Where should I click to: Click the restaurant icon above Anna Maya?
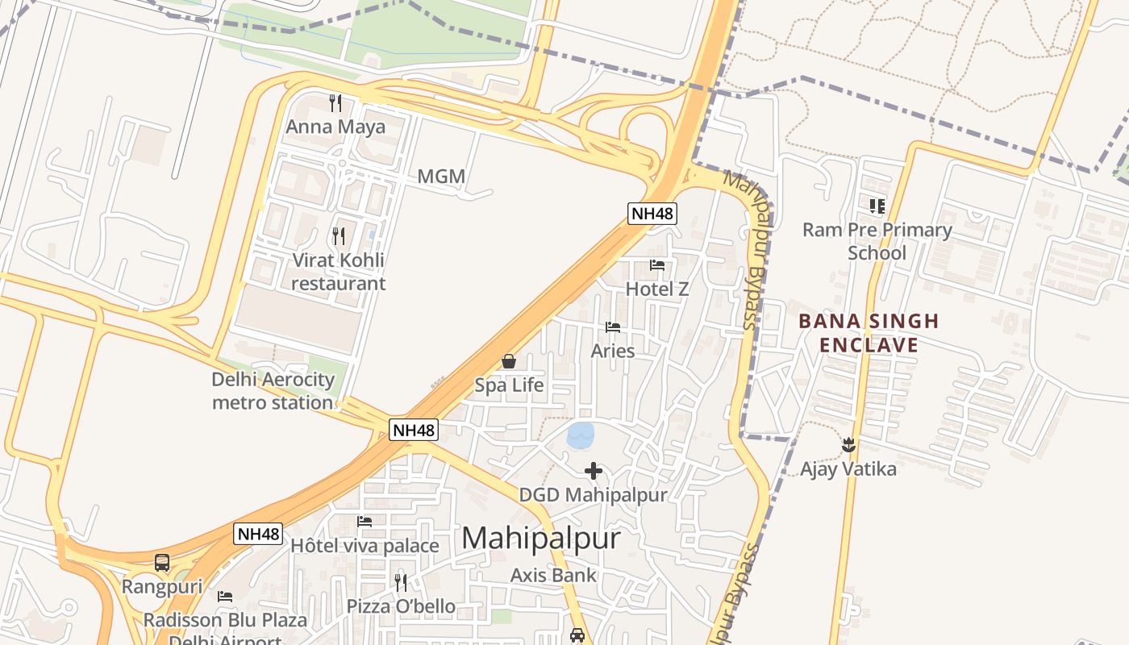[335, 102]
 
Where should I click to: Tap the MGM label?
[441, 177]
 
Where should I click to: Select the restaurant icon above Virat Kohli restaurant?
[339, 235]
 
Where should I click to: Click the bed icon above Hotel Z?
[657, 265]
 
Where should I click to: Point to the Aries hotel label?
[613, 351]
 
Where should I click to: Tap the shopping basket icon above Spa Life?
[509, 361]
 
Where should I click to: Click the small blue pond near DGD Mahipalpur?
[581, 435]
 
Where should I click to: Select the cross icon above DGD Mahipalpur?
[594, 471]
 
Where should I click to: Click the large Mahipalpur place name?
[541, 538]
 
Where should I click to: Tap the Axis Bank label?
[553, 575]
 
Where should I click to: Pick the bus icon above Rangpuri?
[162, 562]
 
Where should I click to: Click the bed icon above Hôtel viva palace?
[365, 522]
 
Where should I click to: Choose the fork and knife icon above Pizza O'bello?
[401, 582]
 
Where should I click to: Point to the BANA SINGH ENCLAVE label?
[869, 333]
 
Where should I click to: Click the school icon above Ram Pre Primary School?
[877, 206]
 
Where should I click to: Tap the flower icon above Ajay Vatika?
[848, 444]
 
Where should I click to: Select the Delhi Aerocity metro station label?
[273, 391]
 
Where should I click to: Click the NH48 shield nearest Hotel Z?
[652, 214]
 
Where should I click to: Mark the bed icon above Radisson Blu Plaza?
[225, 597]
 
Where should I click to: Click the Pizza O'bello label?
[401, 606]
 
